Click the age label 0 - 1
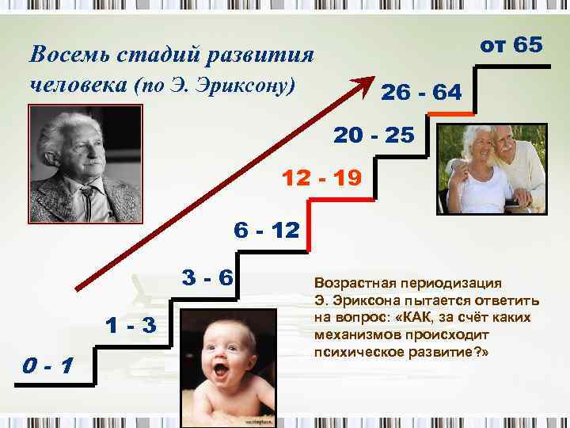point(50,366)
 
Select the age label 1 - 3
point(131,325)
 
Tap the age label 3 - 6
point(207,278)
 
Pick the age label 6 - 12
point(267,231)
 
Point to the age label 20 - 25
point(374,136)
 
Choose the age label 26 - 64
point(421,93)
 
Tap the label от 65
point(511,45)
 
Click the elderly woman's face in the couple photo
point(474,149)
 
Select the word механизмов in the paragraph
point(355,334)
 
